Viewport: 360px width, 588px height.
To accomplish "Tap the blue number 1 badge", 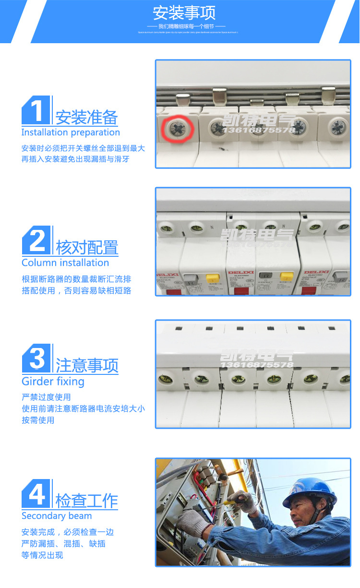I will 36,110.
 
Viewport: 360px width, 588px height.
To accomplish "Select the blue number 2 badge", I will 36,240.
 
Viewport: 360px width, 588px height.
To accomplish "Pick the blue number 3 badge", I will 36,359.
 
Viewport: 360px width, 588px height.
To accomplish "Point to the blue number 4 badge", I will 36,493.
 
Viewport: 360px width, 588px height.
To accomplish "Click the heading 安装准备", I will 86,117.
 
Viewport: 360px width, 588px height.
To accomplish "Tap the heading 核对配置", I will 87,248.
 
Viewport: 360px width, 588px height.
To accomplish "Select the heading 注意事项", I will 87,366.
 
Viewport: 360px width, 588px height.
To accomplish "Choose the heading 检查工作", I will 87,501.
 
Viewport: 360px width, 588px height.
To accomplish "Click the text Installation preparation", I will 71,132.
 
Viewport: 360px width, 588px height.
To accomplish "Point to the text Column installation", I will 65,263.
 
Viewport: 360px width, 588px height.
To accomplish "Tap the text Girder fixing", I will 53,382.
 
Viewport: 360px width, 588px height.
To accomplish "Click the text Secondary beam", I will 57,516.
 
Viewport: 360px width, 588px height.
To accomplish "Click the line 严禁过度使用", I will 46,397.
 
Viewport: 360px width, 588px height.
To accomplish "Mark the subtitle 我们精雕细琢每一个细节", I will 185,26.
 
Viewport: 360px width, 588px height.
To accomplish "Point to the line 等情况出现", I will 42,555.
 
